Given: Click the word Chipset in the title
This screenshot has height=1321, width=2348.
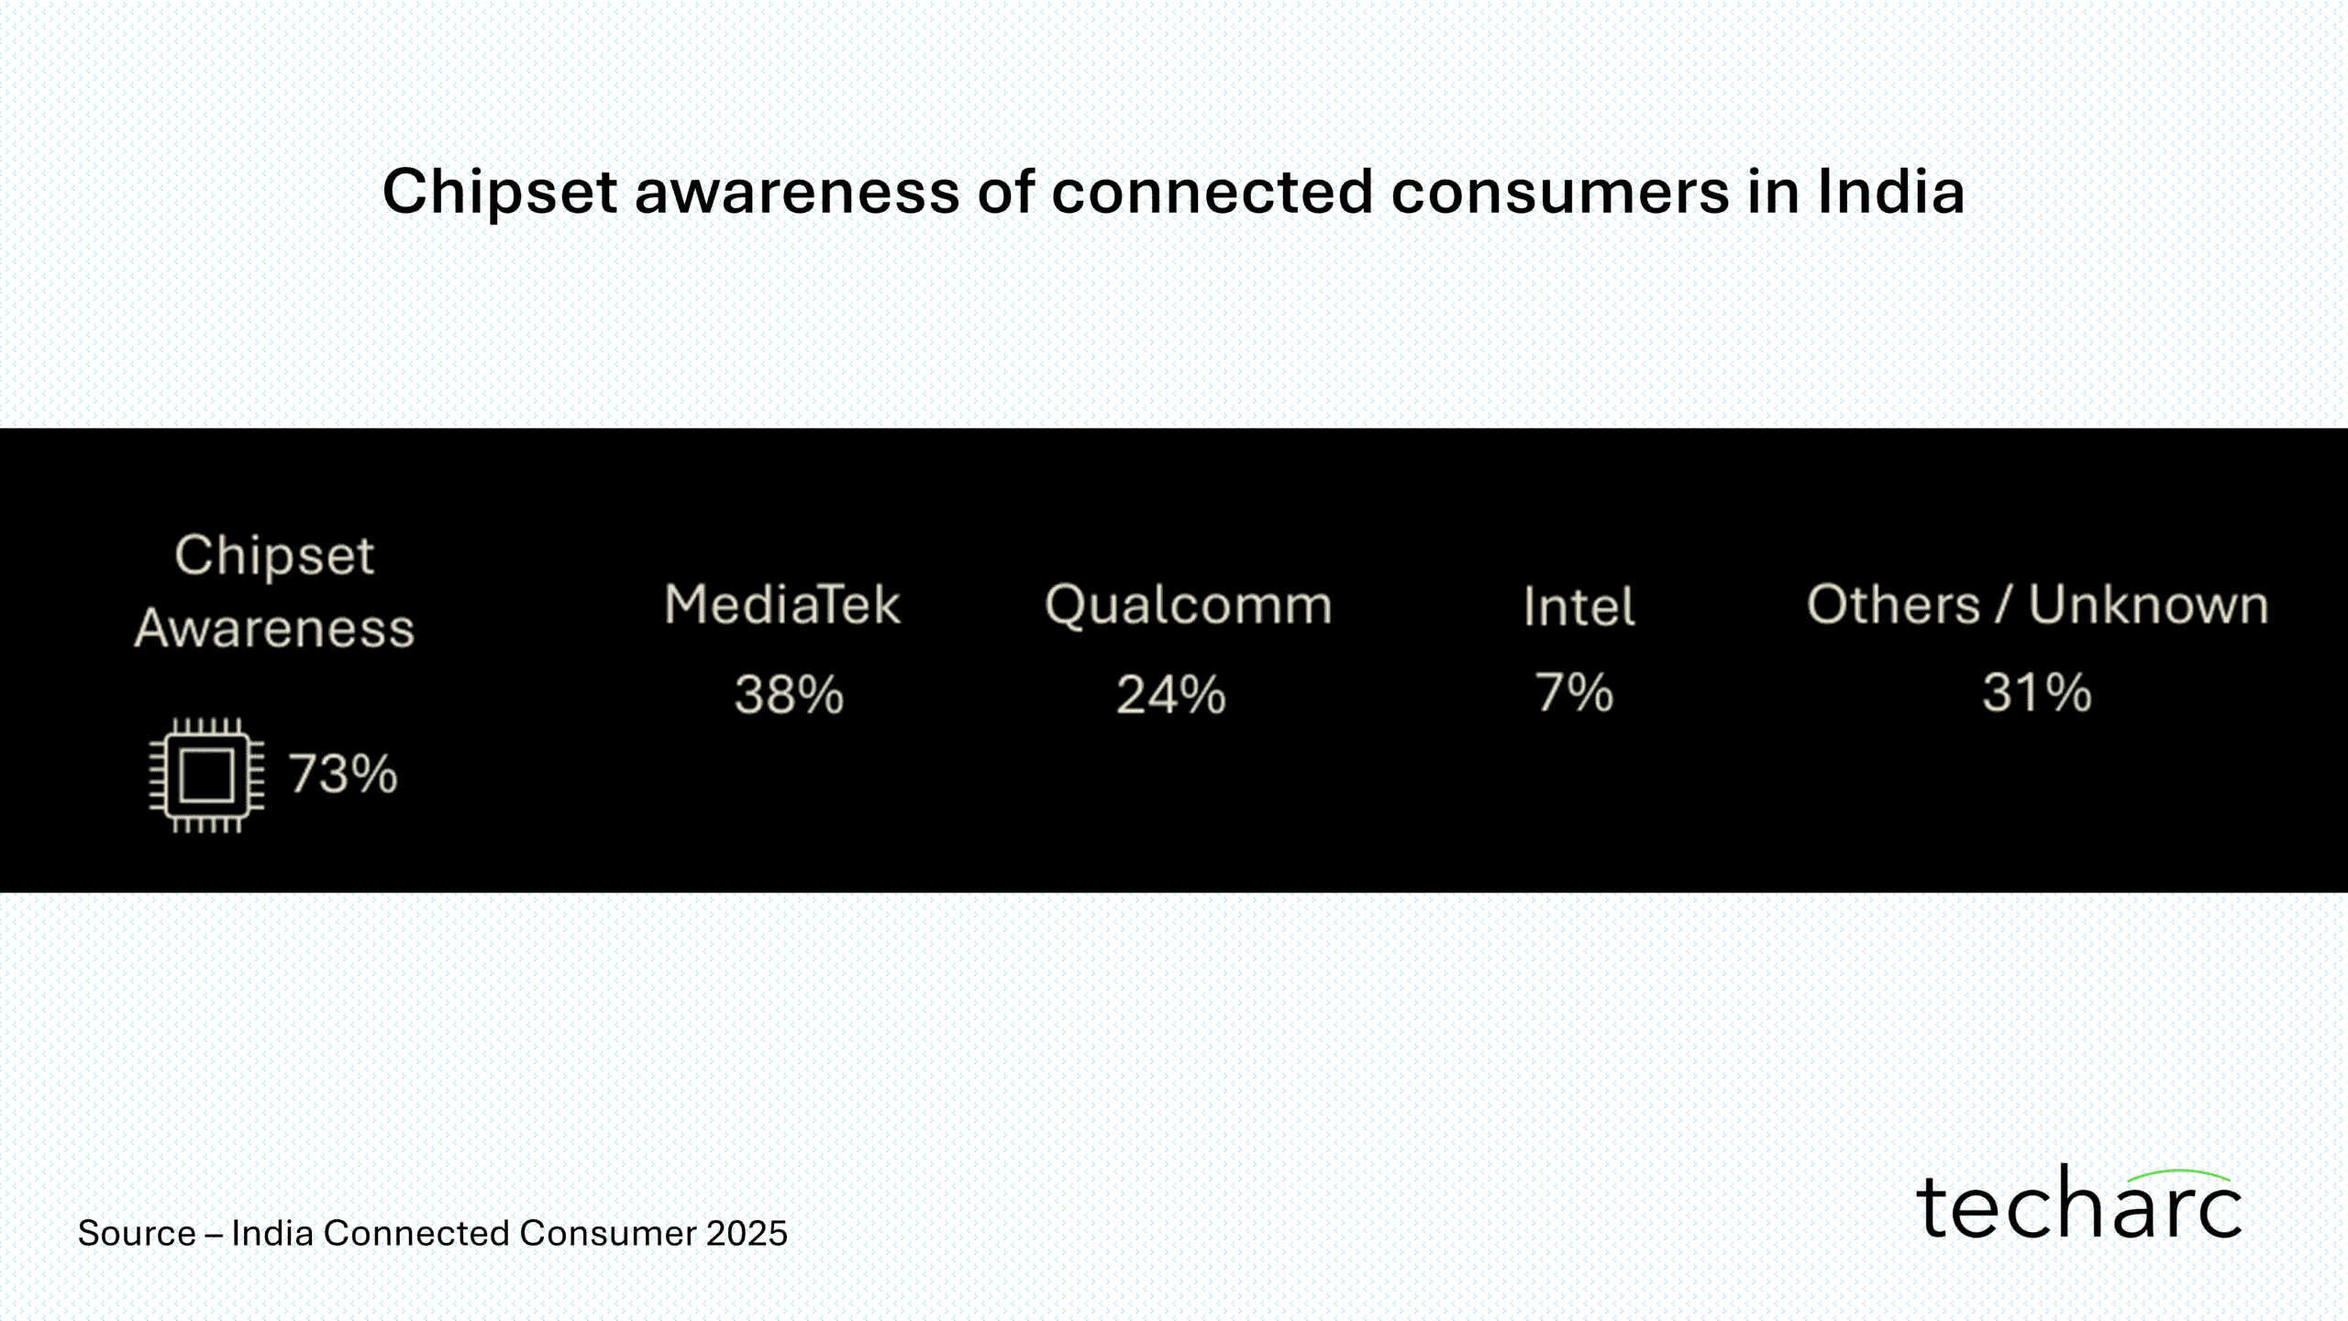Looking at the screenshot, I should pos(500,193).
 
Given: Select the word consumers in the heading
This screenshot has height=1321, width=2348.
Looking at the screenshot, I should pos(1559,193).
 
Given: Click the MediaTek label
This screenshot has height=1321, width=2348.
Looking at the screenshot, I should pos(782,605).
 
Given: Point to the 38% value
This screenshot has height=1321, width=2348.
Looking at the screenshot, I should pos(789,694).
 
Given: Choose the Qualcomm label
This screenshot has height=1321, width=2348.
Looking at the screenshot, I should pos(1189,605).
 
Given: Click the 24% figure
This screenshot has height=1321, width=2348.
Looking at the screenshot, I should pos(1171,694).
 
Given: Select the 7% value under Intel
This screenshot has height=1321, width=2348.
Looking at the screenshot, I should pos(1574,692).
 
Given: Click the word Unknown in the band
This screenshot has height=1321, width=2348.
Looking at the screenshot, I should pos(2148,605).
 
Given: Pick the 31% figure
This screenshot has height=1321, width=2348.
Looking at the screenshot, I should pos(2037,692).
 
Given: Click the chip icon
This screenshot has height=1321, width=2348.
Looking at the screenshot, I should pos(207,775).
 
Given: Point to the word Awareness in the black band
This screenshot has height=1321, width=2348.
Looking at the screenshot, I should pos(274,628).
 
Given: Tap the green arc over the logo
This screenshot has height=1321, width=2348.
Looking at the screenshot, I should pos(2179,1174).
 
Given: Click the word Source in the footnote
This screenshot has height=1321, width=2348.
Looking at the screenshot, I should pos(137,1233).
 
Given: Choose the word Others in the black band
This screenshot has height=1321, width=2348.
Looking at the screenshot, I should pos(1893,605).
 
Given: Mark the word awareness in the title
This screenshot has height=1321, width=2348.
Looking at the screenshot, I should pos(797,193).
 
